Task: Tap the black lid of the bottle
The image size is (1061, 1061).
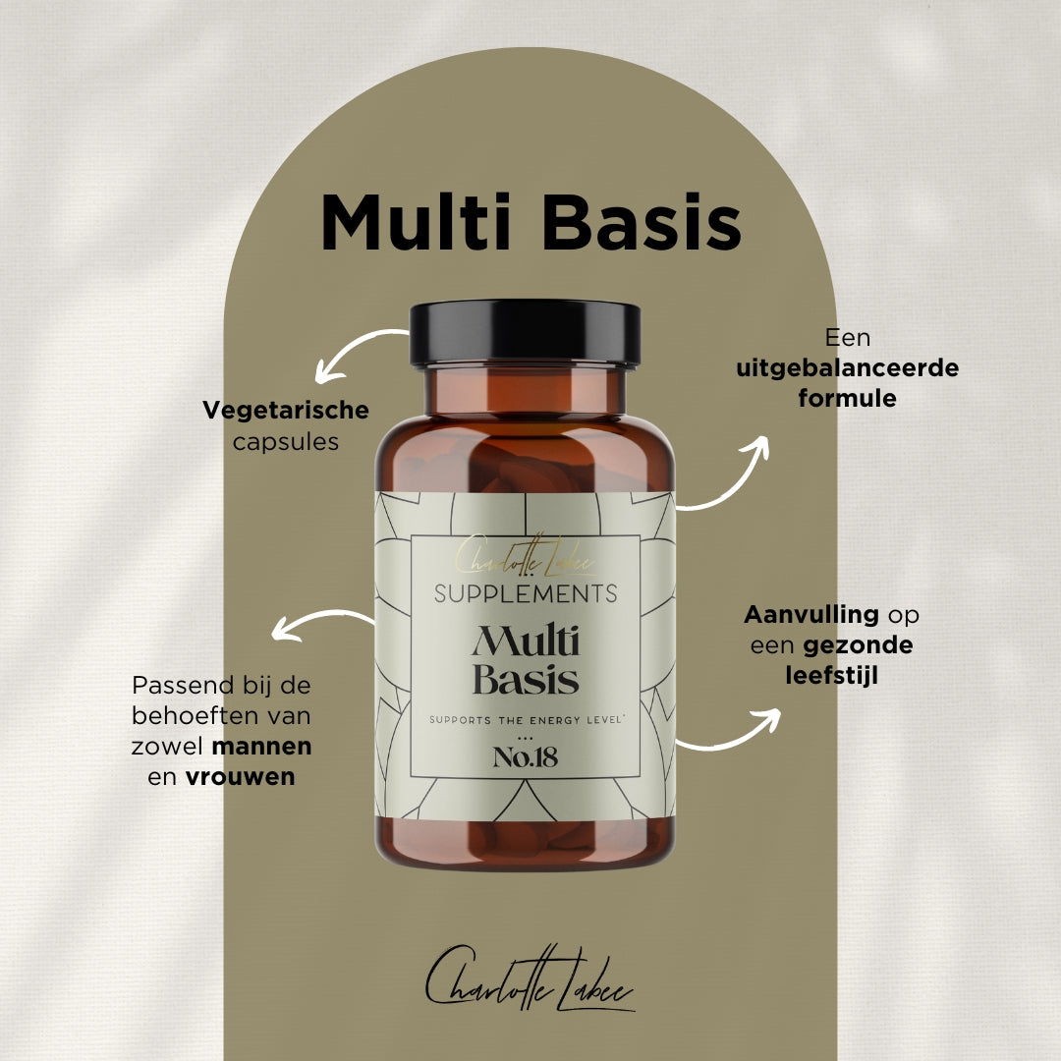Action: [x=526, y=332]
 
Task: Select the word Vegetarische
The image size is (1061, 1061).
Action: [x=286, y=410]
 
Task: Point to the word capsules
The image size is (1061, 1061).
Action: [x=286, y=442]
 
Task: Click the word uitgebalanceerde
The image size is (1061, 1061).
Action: [x=848, y=368]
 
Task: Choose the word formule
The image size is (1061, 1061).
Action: [x=848, y=399]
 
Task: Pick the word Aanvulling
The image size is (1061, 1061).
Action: [x=810, y=615]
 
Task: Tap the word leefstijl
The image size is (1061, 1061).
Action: [x=831, y=676]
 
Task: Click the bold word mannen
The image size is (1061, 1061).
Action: [x=262, y=746]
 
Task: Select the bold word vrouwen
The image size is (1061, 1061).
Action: [x=241, y=777]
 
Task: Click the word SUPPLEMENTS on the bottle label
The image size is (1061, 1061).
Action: [x=526, y=593]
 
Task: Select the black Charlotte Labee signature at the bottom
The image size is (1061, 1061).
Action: [x=530, y=977]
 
